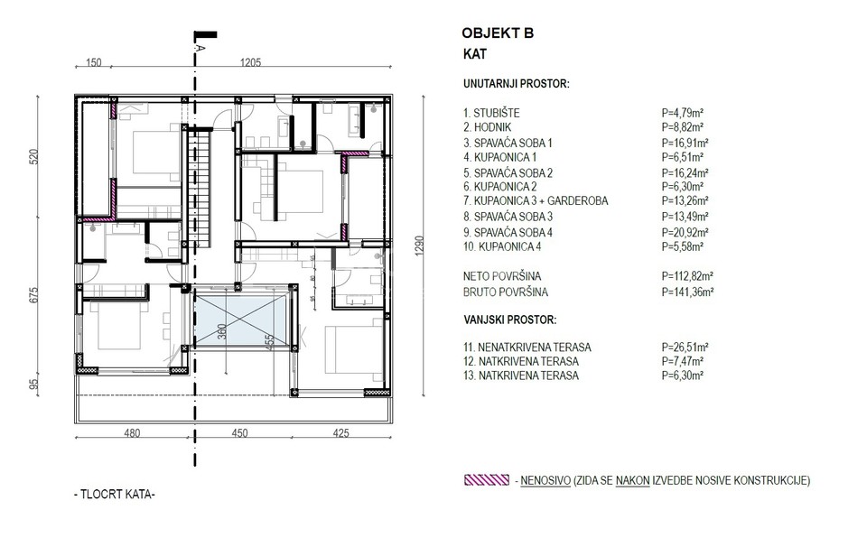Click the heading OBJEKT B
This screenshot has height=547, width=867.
[498, 33]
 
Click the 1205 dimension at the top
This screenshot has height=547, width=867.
[250, 62]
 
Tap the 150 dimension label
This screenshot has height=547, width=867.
[94, 62]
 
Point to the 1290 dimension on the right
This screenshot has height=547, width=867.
[420, 246]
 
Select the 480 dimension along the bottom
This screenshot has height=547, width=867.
[132, 433]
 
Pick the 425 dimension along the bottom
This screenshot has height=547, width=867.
[340, 433]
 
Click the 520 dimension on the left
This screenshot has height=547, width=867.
[34, 157]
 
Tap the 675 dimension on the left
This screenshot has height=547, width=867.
[34, 295]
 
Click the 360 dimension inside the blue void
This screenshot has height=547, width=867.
[222, 333]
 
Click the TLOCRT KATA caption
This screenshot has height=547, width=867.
[115, 495]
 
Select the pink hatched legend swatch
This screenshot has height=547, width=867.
[487, 480]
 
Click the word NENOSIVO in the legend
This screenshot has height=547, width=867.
[545, 481]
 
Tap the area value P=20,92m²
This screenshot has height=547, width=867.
[685, 233]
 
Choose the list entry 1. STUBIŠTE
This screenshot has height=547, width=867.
[491, 113]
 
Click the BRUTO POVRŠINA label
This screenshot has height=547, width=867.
[506, 292]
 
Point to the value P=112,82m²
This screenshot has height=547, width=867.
[687, 276]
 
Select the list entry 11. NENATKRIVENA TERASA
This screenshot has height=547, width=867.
[527, 348]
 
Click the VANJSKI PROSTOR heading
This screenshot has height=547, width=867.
[509, 320]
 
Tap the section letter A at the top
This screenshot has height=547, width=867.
[200, 48]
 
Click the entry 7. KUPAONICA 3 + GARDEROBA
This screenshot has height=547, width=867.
[536, 201]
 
